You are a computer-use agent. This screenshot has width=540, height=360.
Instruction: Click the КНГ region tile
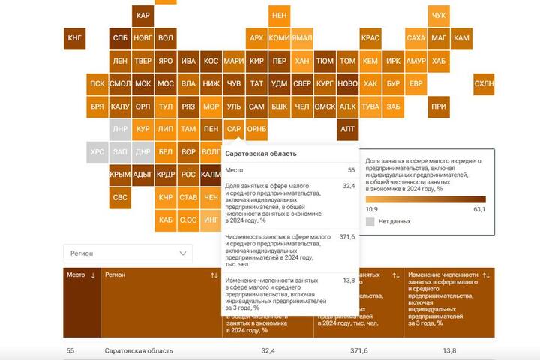(74, 37)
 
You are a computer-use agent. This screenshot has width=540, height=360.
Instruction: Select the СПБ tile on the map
(120, 37)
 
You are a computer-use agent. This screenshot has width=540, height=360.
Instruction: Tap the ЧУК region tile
(439, 15)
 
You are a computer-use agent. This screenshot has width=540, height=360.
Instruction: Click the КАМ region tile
(462, 37)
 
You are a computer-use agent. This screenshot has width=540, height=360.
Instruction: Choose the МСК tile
(142, 84)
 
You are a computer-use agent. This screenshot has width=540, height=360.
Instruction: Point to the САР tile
(234, 129)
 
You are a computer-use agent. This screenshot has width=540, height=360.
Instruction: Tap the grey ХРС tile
(97, 151)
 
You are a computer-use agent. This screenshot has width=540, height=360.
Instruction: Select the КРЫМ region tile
(120, 175)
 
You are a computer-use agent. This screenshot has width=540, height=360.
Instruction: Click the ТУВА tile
(370, 106)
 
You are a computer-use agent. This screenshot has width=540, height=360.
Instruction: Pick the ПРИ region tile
(439, 106)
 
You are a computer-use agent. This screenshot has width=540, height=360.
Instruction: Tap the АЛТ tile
(347, 129)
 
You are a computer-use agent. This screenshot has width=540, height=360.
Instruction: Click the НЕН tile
(280, 15)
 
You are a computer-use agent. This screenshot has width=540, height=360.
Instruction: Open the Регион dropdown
(127, 253)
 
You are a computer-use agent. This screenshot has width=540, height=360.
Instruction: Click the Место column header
(80, 275)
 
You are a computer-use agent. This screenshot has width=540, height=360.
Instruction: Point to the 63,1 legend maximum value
(479, 209)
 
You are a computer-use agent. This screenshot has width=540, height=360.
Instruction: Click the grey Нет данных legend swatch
(370, 222)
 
